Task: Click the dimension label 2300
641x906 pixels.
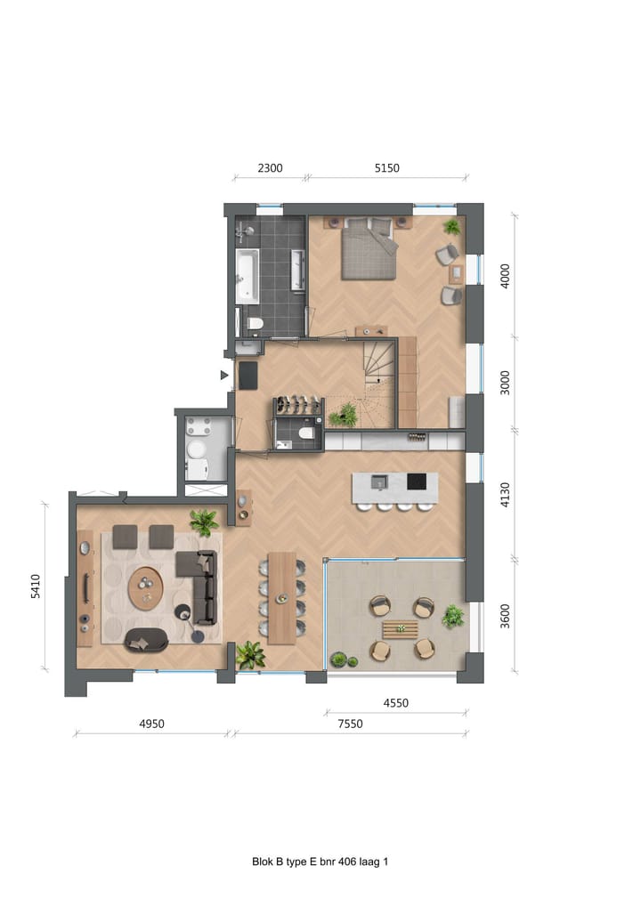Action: click(270, 167)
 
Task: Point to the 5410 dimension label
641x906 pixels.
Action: click(37, 586)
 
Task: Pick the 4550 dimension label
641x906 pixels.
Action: click(395, 703)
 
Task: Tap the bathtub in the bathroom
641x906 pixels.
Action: click(247, 275)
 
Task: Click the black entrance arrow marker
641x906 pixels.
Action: click(225, 376)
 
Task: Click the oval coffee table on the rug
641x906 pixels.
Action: click(145, 587)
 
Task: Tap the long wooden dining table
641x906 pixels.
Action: click(281, 597)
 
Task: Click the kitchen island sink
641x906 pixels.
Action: click(379, 482)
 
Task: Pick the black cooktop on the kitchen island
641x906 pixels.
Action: click(417, 482)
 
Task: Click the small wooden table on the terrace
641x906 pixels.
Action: click(401, 629)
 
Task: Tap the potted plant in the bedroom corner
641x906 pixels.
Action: click(452, 227)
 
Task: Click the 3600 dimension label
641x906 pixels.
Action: click(505, 617)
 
